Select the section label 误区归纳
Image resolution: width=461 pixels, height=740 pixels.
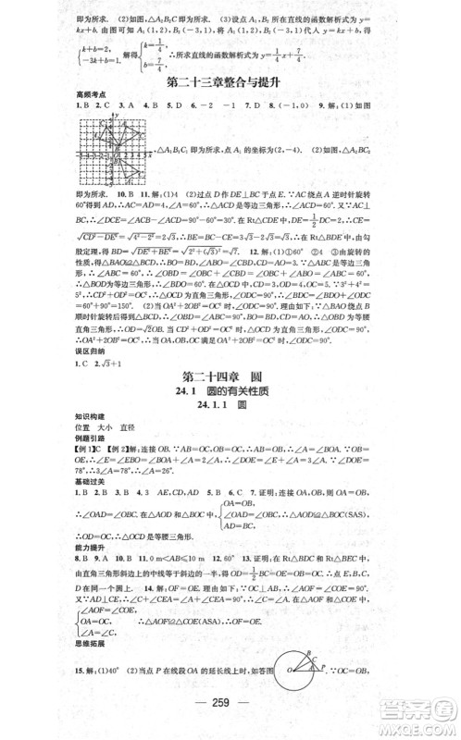93,377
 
